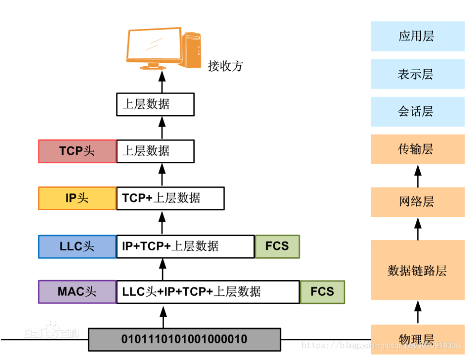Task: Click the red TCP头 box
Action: [x=77, y=151]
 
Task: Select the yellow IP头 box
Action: [x=77, y=198]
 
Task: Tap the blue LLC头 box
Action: [x=77, y=246]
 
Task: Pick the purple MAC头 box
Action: [x=77, y=291]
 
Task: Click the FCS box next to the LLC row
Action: [x=277, y=246]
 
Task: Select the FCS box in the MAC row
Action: [x=322, y=291]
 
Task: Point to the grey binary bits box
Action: [x=184, y=339]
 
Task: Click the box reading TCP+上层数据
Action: [x=170, y=198]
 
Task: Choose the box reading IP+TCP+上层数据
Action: [x=185, y=246]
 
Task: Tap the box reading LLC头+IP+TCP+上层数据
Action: [x=208, y=291]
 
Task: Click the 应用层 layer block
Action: [x=417, y=36]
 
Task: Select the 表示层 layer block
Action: [x=417, y=74]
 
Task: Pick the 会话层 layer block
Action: [x=417, y=112]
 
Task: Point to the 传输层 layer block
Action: [x=417, y=149]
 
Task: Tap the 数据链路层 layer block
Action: [x=417, y=270]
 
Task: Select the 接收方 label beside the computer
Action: [x=225, y=66]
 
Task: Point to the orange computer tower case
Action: [x=192, y=50]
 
